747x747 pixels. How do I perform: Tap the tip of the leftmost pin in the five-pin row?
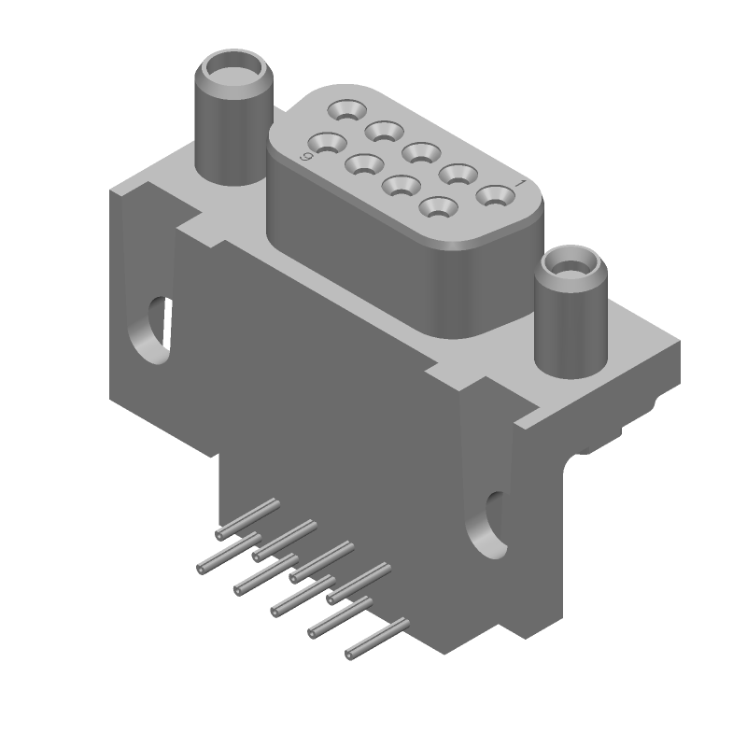tap(201, 569)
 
